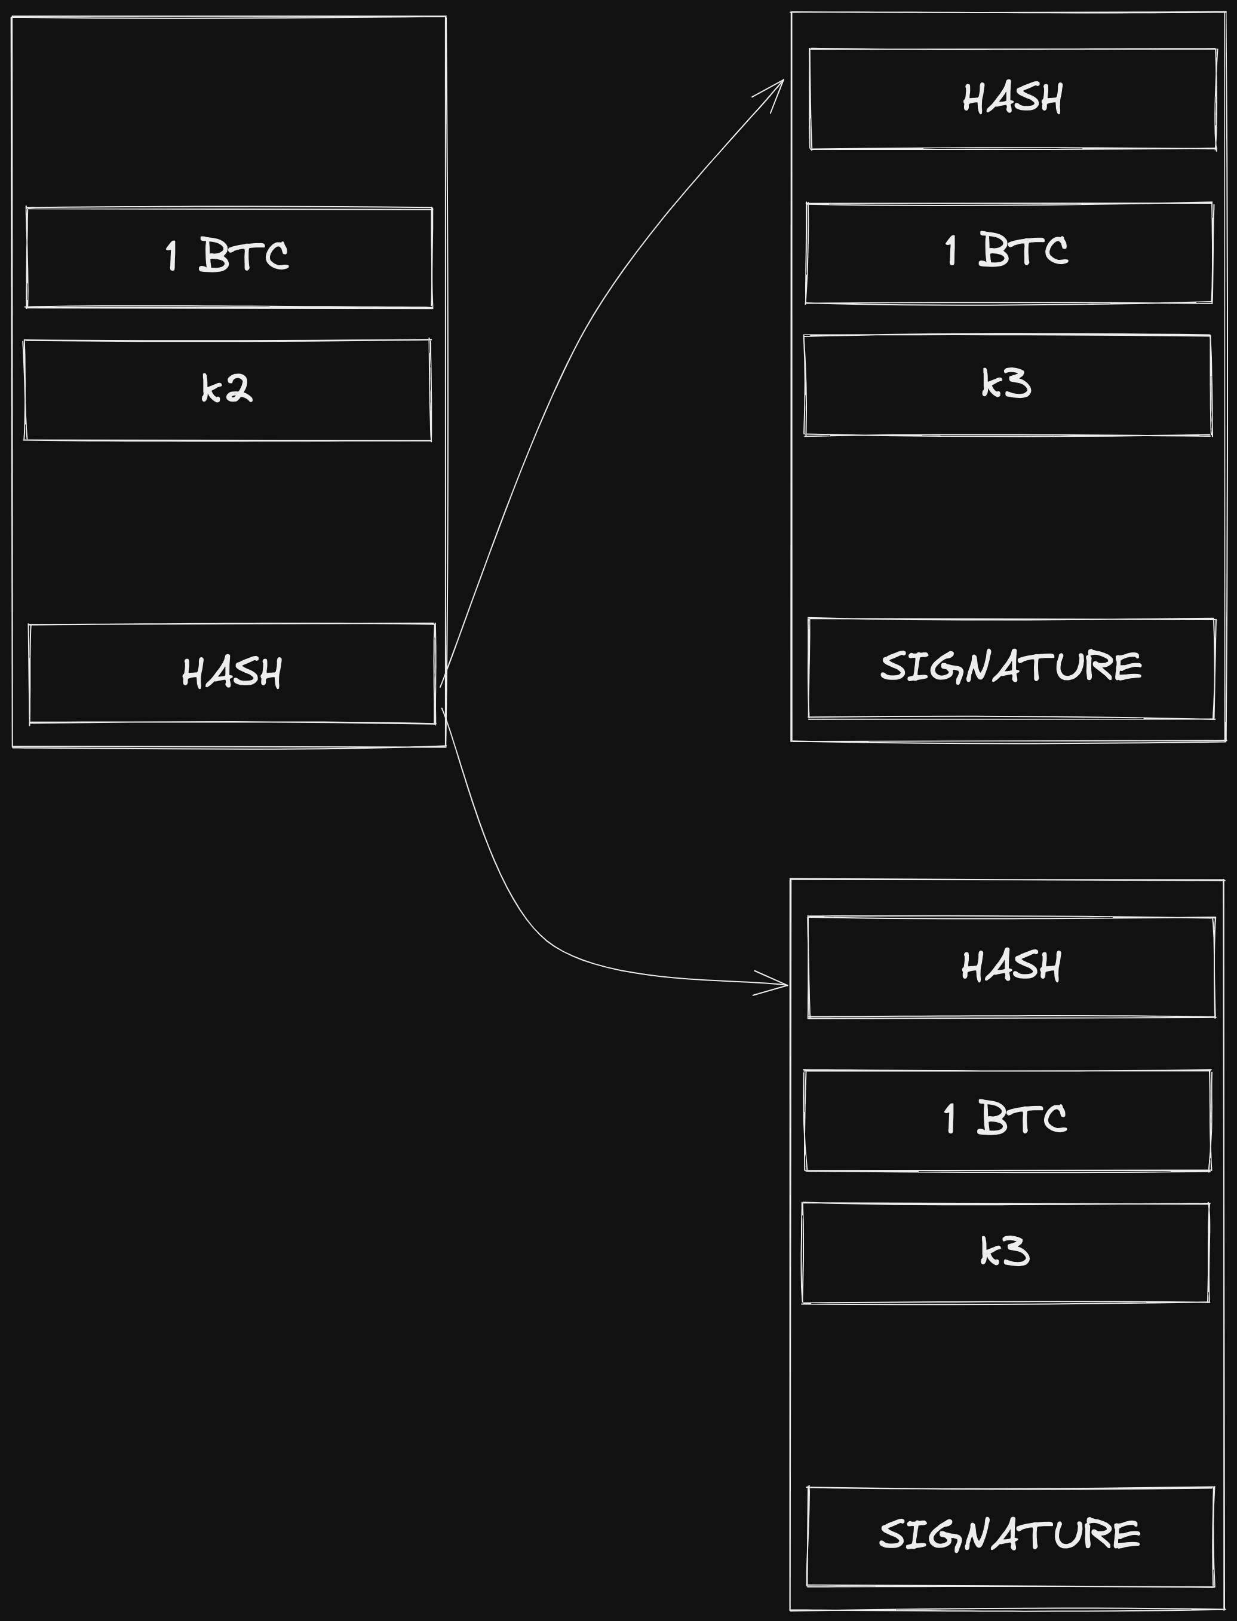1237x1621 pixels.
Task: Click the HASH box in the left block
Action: [232, 673]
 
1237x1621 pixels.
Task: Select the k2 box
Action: [228, 390]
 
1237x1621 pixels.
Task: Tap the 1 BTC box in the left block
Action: [229, 257]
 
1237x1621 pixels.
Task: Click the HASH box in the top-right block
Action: [1012, 99]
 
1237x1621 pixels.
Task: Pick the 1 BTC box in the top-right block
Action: [1009, 252]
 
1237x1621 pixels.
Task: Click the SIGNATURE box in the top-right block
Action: [1011, 668]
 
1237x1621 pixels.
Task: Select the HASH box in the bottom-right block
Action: [1011, 967]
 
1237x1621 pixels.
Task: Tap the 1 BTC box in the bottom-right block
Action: [1007, 1120]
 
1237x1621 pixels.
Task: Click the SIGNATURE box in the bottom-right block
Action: [1009, 1536]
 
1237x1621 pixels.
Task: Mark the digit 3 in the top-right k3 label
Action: [1018, 384]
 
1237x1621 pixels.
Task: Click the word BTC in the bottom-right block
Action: [1022, 1119]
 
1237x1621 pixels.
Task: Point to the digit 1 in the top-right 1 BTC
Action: [951, 251]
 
